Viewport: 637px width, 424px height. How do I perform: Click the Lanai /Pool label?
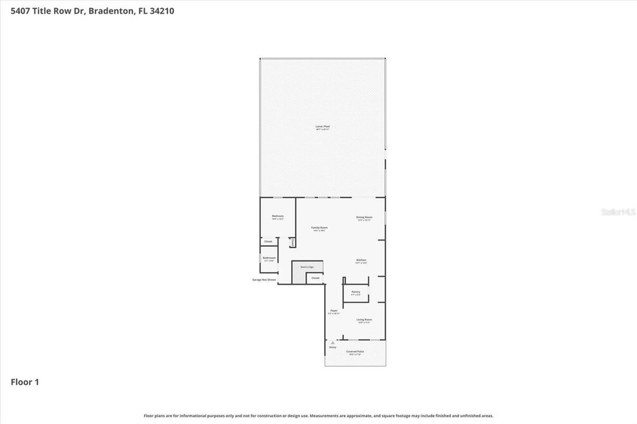point(322,127)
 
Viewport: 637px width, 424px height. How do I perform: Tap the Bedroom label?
point(277,217)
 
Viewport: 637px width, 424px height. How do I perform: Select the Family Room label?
point(319,228)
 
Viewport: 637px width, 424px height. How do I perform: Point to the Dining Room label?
point(364,218)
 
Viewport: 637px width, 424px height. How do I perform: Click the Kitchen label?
point(361,260)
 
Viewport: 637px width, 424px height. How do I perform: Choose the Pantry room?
point(356,292)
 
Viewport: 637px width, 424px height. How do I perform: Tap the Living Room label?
point(364,320)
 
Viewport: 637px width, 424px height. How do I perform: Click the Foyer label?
point(334,311)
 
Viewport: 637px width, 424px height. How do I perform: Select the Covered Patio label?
point(355,352)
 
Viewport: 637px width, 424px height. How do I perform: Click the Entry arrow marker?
point(333,343)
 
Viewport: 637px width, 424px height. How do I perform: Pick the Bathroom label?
point(269,258)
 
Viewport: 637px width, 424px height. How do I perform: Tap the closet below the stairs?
point(315,278)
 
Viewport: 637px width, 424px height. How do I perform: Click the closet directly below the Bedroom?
point(268,241)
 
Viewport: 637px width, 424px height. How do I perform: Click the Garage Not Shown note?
point(264,280)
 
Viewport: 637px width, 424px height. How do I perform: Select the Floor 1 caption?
point(25,382)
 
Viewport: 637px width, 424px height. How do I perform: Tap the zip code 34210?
point(161,10)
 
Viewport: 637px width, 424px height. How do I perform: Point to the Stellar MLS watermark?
point(618,212)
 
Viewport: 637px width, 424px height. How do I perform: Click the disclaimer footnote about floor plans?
point(318,416)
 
